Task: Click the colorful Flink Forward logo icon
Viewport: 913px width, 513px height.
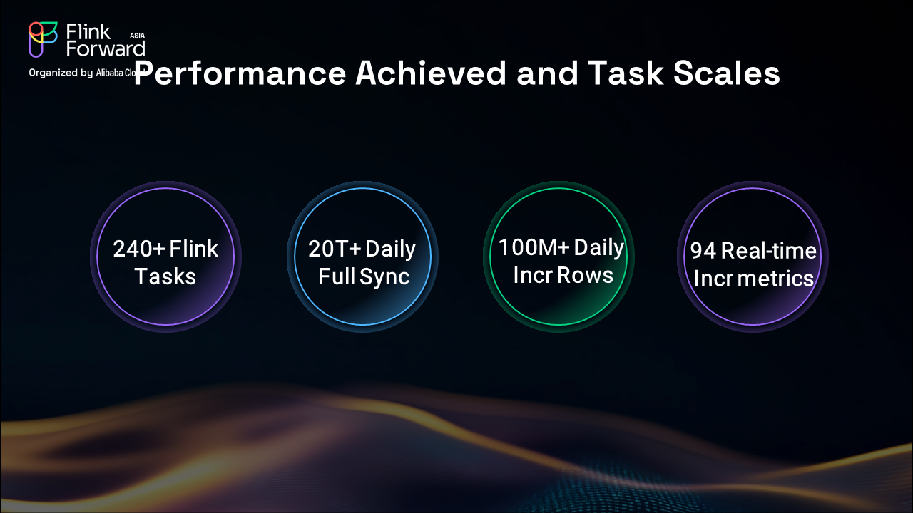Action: point(43,39)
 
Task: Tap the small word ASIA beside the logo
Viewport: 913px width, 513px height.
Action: point(138,36)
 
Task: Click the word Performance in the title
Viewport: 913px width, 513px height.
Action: point(240,73)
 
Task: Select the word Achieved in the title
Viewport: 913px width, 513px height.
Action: point(430,73)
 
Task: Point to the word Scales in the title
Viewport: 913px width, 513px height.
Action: point(726,73)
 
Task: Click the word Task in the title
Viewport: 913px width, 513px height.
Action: point(626,73)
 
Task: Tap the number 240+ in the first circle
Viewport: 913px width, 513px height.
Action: point(139,249)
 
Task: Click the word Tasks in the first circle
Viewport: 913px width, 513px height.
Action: point(165,276)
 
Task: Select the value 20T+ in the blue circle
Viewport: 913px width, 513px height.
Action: point(335,249)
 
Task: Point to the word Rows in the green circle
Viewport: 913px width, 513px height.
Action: point(585,275)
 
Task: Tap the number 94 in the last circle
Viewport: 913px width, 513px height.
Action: point(703,251)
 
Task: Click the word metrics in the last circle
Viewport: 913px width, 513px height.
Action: point(775,279)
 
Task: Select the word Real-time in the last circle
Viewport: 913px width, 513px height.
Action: point(769,250)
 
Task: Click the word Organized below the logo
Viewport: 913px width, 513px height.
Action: point(53,73)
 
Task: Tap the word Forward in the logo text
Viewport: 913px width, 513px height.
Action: point(106,49)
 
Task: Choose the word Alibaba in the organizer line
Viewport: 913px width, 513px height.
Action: point(110,73)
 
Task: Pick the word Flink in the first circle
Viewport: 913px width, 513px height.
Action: point(193,249)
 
